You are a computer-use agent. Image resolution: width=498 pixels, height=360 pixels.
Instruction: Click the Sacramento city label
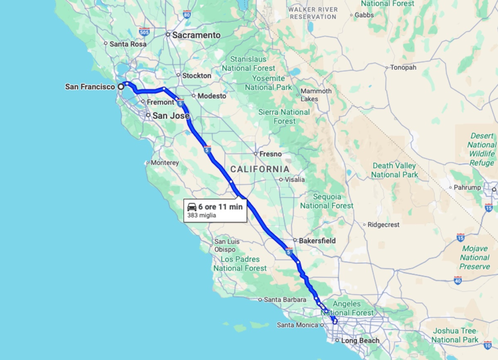pyautogui.click(x=196, y=35)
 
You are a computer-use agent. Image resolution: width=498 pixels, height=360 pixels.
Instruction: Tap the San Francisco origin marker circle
pyautogui.click(x=121, y=87)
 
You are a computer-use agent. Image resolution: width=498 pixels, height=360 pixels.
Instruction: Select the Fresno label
pyautogui.click(x=270, y=154)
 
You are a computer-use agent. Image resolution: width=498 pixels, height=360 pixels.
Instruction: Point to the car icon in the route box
pyautogui.click(x=192, y=207)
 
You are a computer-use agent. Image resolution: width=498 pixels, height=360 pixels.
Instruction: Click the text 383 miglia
pyautogui.click(x=202, y=216)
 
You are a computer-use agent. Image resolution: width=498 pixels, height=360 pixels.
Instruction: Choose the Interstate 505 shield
pyautogui.click(x=144, y=32)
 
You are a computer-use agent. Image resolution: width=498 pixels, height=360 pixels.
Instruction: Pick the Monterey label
pyautogui.click(x=165, y=163)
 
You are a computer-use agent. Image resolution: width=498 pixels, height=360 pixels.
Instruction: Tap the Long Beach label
pyautogui.click(x=360, y=340)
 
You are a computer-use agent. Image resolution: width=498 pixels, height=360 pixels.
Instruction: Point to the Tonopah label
pyautogui.click(x=403, y=67)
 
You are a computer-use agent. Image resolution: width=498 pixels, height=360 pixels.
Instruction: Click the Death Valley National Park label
pyautogui.click(x=394, y=170)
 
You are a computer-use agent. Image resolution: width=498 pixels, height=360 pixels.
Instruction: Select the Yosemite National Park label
pyautogui.click(x=269, y=83)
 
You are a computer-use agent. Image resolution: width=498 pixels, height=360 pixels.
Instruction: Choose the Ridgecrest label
pyautogui.click(x=384, y=225)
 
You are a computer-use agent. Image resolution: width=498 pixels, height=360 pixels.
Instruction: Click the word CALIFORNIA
pyautogui.click(x=260, y=169)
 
